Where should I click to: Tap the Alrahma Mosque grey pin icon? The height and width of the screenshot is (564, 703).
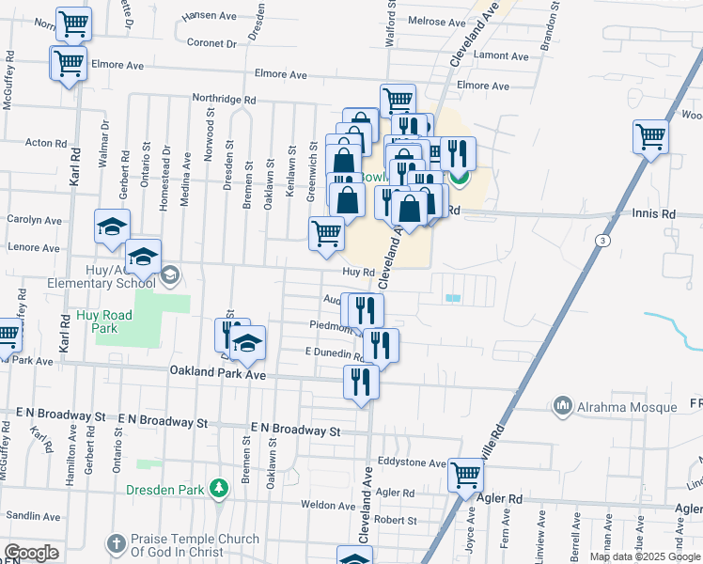point(563,405)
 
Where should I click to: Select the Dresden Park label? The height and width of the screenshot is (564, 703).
point(164,490)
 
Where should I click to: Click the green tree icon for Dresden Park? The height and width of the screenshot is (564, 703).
point(218,489)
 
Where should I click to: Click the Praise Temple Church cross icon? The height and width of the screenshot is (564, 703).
point(116,543)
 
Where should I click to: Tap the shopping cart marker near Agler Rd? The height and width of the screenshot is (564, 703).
point(465,477)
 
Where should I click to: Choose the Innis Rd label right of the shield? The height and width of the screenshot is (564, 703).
point(654,214)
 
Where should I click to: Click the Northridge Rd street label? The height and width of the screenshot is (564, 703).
point(224,99)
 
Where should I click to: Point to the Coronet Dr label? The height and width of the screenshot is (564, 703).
point(211,43)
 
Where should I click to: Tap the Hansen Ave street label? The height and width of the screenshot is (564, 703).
point(211,16)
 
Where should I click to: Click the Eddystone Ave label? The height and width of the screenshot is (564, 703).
point(411,462)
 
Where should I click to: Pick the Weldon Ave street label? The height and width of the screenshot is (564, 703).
point(327,506)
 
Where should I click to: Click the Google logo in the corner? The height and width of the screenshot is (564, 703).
point(31,553)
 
